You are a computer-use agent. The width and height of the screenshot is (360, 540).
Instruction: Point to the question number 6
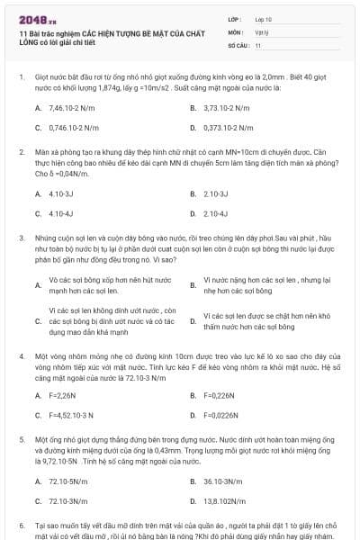pos(22,524)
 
